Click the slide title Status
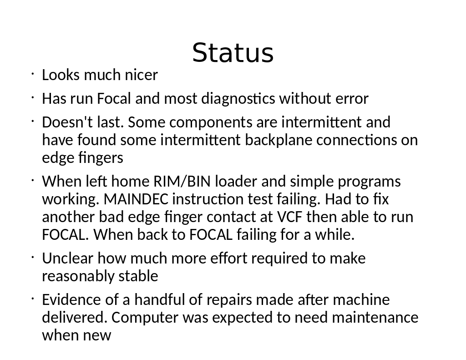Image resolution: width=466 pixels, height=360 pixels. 233,53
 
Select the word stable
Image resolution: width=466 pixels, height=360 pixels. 138,276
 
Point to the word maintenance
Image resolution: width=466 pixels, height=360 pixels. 375,318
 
